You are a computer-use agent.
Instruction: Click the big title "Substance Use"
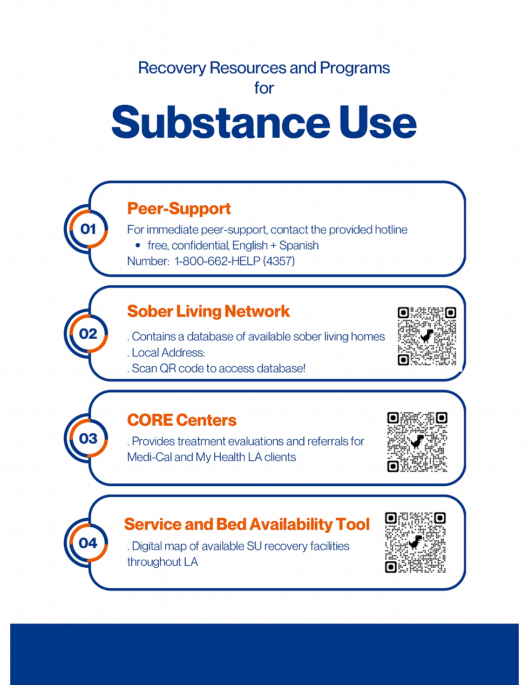[264, 123]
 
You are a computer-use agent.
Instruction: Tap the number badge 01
[88, 229]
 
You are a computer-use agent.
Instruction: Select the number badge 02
[88, 334]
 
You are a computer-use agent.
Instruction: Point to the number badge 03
[88, 438]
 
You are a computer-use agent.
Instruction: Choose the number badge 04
[88, 543]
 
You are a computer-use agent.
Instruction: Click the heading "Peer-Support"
[179, 209]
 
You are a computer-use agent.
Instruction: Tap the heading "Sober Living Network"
[208, 311]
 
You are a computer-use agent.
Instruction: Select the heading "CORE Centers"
[182, 420]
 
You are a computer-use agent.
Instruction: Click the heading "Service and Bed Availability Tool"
[247, 524]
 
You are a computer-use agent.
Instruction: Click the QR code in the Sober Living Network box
[426, 336]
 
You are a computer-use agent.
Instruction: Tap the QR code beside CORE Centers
[417, 442]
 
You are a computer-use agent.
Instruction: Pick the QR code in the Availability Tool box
[415, 542]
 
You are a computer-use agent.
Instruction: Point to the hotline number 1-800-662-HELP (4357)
[234, 261]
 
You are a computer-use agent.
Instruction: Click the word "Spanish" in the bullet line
[299, 245]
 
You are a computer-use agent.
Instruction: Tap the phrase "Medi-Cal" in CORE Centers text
[149, 457]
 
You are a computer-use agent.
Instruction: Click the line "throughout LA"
[162, 562]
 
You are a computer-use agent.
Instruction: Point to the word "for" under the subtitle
[264, 88]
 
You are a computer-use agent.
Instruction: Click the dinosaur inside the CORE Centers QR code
[417, 442]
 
